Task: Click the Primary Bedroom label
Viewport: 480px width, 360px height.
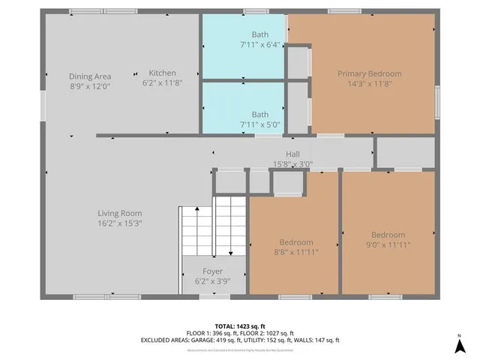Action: coord(369,73)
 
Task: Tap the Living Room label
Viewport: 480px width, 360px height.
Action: coord(120,212)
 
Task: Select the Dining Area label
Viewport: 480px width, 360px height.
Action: coord(90,76)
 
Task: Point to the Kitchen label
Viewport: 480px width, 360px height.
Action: coord(163,73)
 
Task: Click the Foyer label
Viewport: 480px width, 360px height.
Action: coord(213,271)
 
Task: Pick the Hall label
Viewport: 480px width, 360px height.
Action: coord(292,153)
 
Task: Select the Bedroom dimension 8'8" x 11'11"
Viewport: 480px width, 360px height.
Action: coord(295,253)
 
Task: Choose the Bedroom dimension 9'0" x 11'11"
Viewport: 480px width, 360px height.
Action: coord(388,244)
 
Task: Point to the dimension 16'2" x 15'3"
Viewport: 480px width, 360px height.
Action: coord(120,223)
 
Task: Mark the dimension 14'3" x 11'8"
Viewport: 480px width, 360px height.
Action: coord(369,83)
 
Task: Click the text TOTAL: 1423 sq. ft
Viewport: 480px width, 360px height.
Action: coord(240,325)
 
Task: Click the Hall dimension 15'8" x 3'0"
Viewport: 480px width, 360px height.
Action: coord(292,163)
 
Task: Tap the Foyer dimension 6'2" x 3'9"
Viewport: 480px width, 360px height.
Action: coord(213,282)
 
